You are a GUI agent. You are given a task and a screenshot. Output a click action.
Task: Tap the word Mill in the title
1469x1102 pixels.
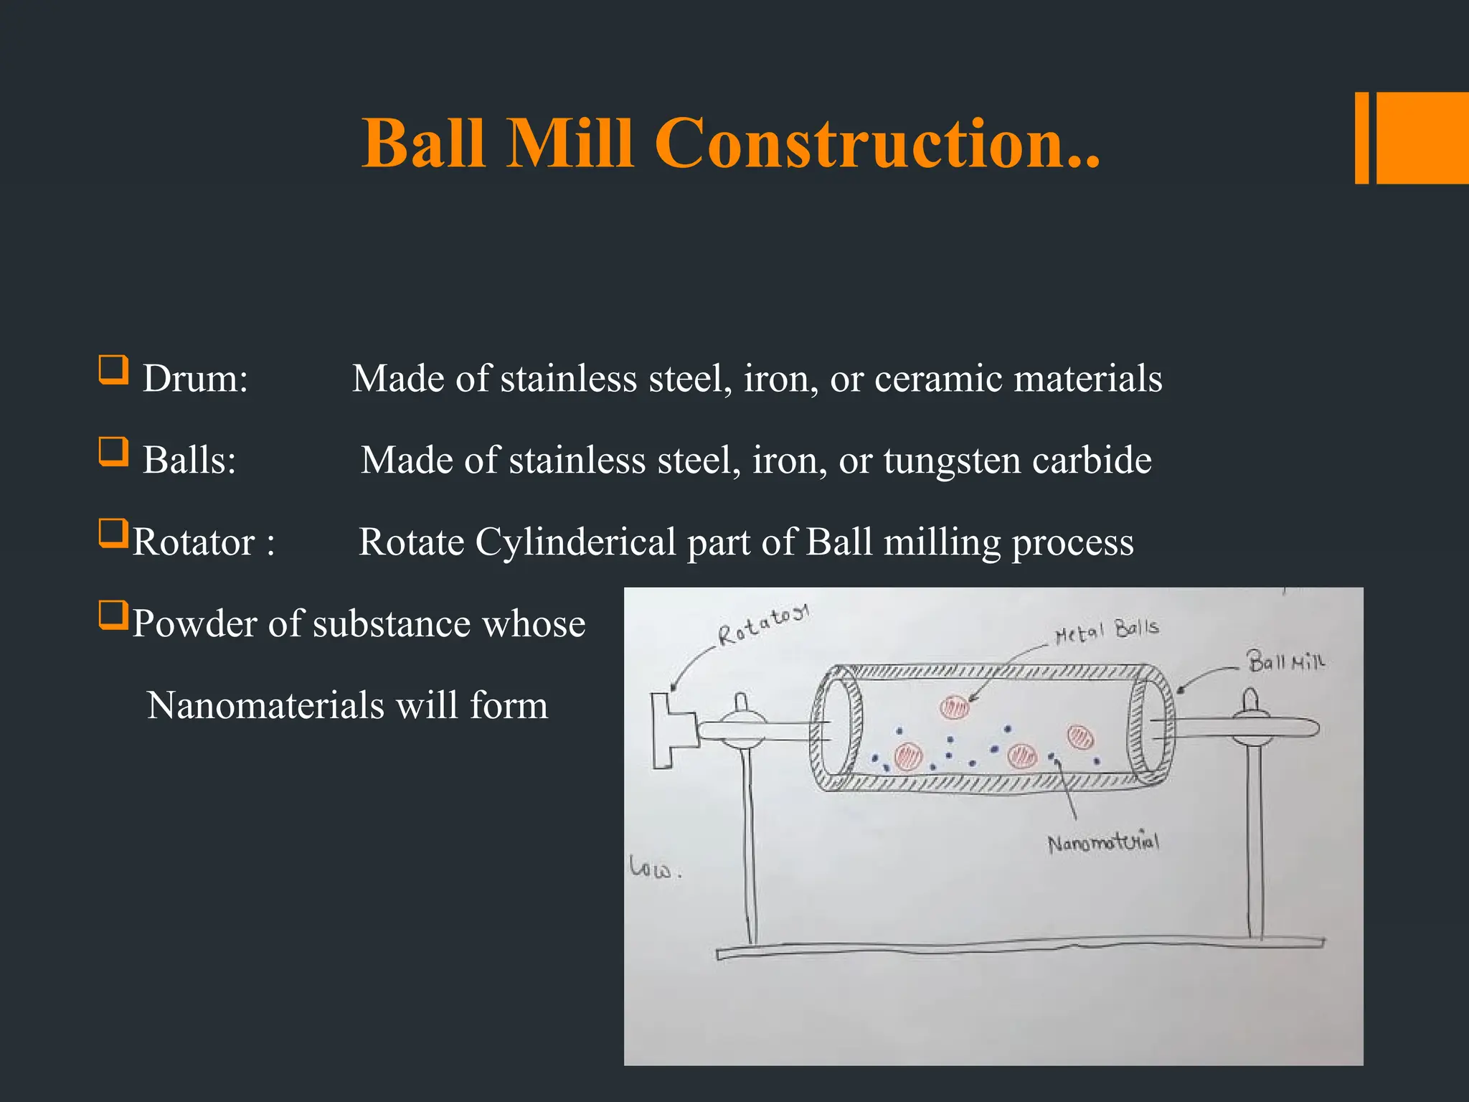pyautogui.click(x=570, y=144)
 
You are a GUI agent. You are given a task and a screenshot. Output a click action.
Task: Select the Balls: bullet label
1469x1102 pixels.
pyautogui.click(x=189, y=461)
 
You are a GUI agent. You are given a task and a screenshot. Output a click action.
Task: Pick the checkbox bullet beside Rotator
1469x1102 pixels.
pyautogui.click(x=113, y=534)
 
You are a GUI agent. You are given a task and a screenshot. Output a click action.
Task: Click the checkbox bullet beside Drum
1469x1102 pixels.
pyautogui.click(x=113, y=370)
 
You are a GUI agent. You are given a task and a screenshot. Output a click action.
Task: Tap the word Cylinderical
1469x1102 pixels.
pyautogui.click(x=575, y=543)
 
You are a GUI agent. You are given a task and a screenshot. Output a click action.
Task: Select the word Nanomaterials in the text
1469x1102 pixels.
pyautogui.click(x=265, y=706)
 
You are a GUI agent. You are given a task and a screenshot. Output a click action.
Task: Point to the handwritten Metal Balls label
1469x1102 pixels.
pyautogui.click(x=1107, y=631)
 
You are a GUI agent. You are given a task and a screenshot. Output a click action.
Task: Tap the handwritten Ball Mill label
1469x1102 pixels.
pyautogui.click(x=1285, y=661)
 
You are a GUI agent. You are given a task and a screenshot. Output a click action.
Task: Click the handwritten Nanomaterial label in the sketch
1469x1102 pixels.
pyautogui.click(x=1102, y=842)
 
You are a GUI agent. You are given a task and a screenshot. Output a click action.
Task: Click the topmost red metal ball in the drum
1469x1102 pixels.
pyautogui.click(x=954, y=707)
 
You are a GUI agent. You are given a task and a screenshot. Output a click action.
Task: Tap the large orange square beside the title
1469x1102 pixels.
pyautogui.click(x=1422, y=138)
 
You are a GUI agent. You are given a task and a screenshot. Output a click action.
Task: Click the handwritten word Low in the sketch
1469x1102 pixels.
pyautogui.click(x=651, y=868)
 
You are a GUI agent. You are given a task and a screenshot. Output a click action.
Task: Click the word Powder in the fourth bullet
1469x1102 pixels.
pyautogui.click(x=194, y=624)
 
